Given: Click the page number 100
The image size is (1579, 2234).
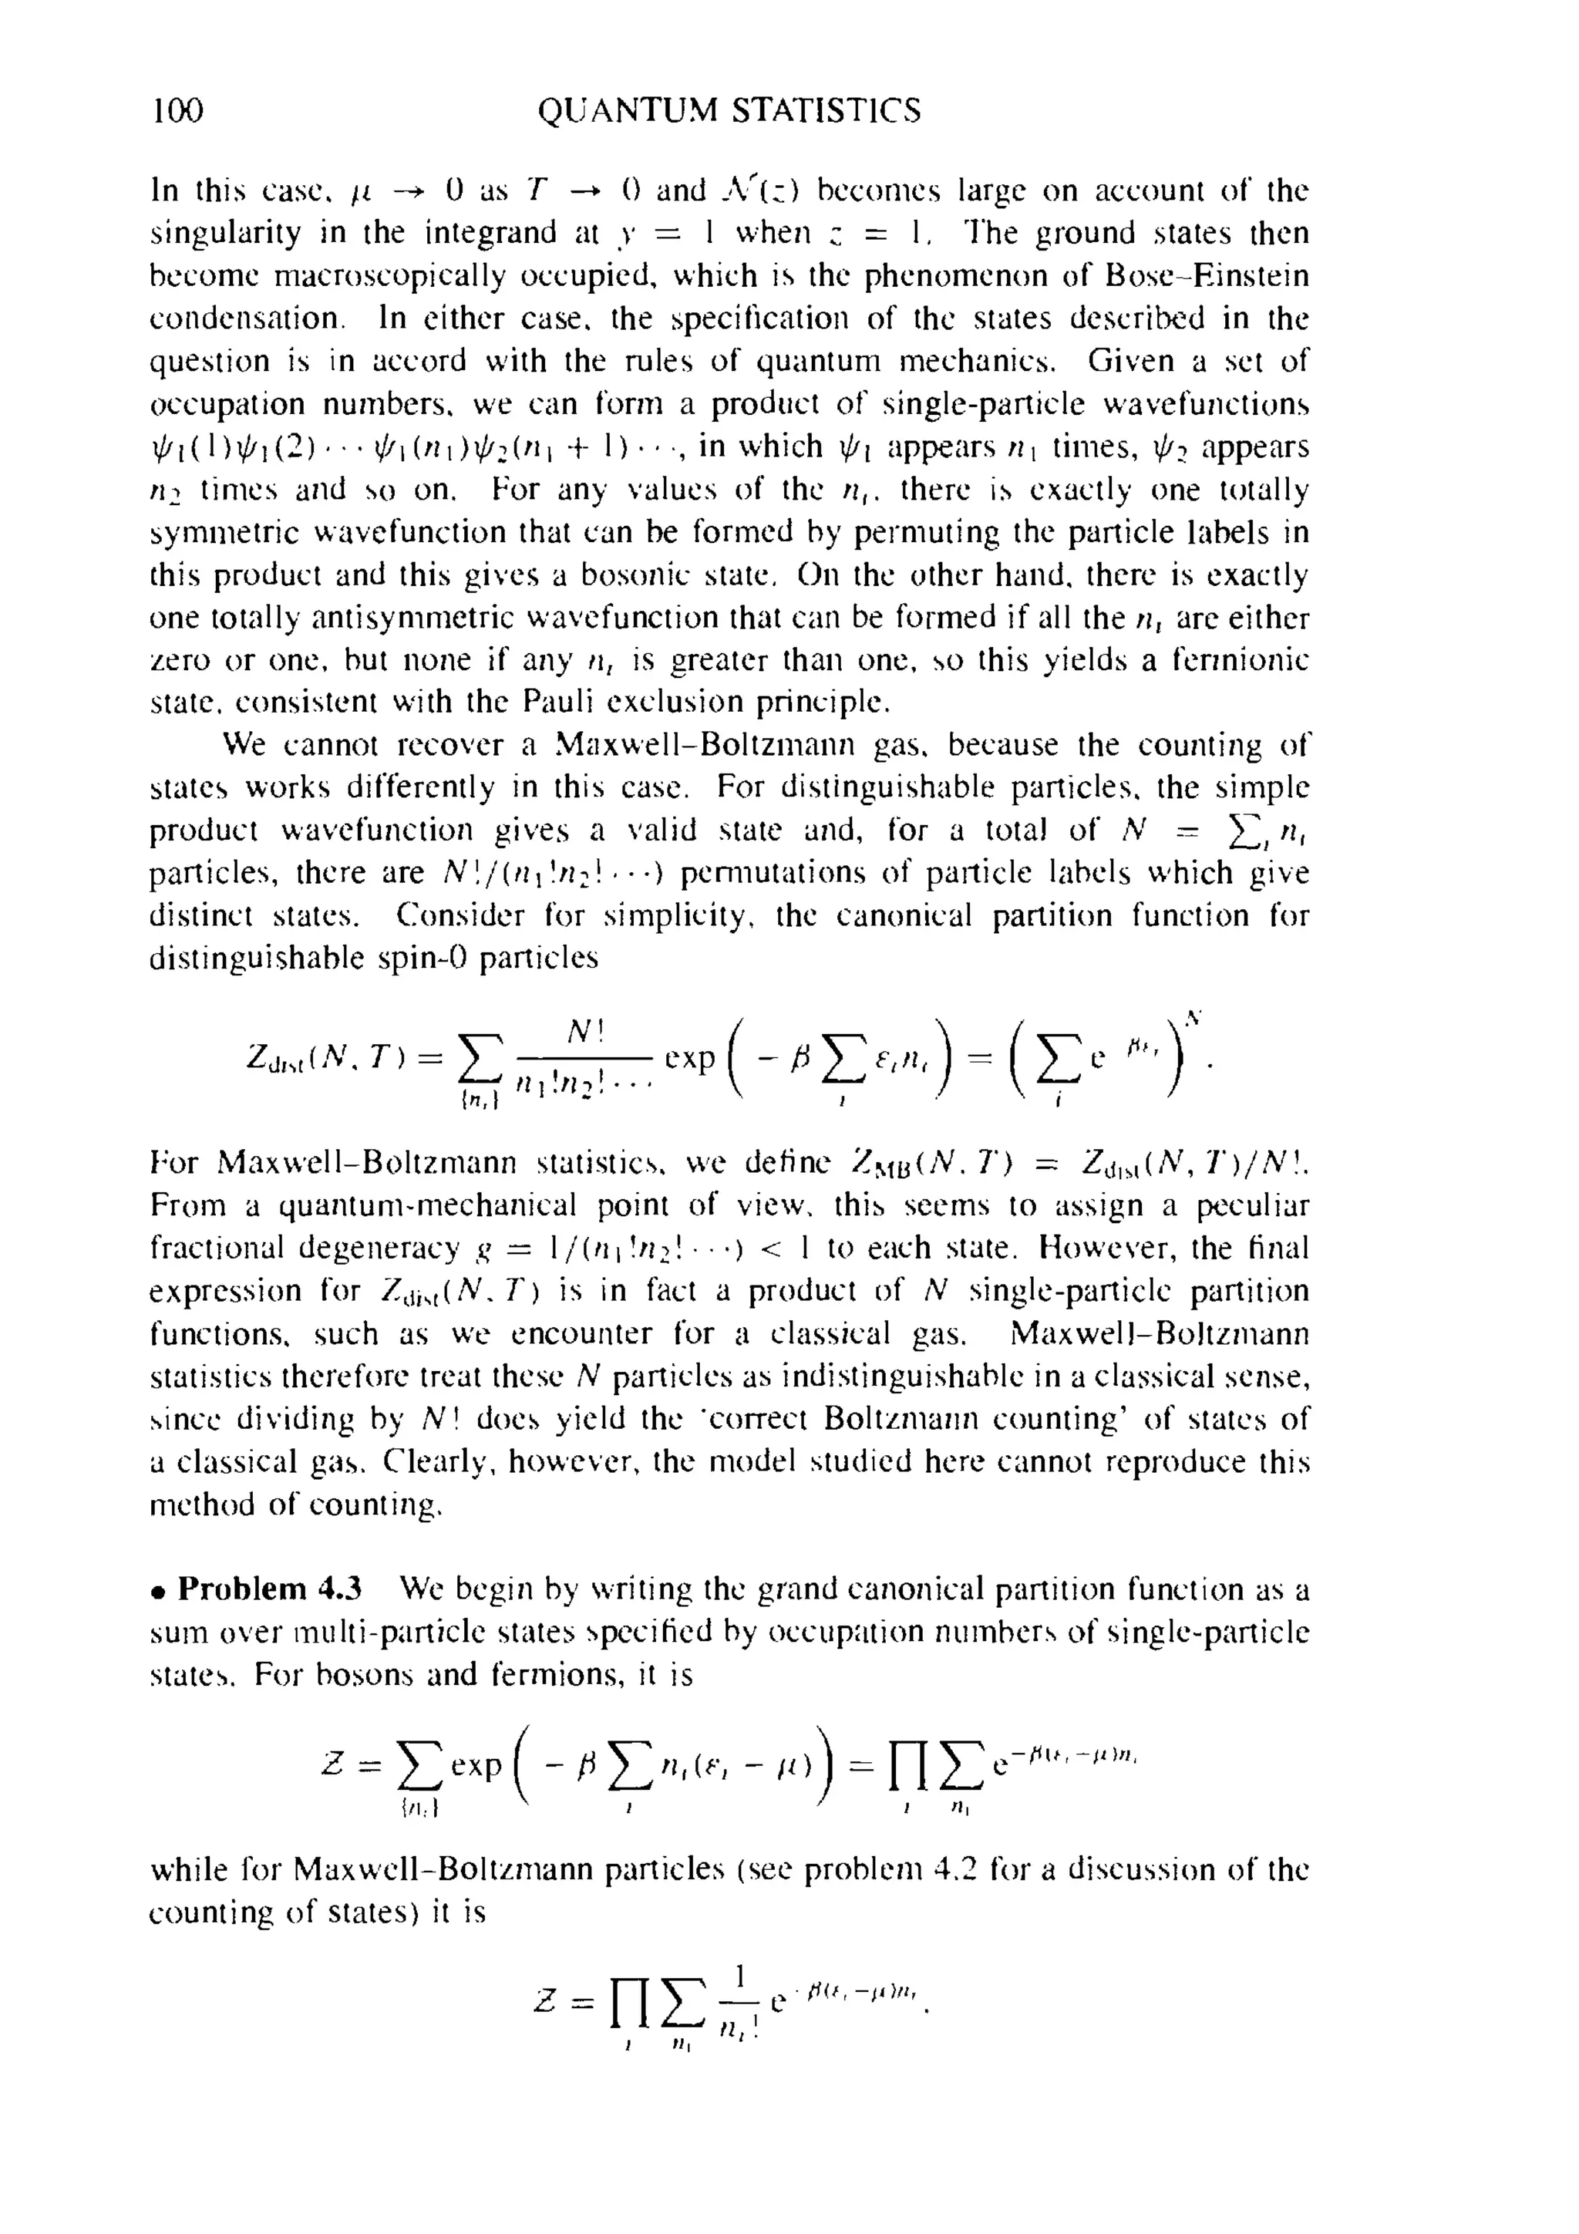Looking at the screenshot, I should (177, 111).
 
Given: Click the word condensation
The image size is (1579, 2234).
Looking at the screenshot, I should (247, 319).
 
